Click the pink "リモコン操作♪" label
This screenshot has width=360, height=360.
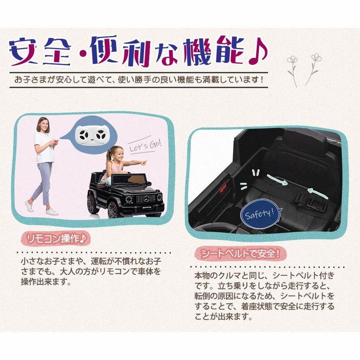point(56,239)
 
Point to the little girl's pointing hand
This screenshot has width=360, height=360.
point(143,163)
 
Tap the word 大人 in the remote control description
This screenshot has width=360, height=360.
point(67,272)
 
